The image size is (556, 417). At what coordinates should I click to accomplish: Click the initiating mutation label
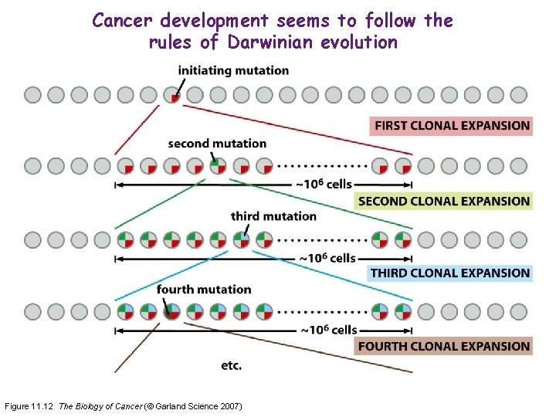(233, 71)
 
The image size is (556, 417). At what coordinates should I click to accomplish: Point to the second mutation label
(216, 144)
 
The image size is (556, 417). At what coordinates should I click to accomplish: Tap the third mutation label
(273, 216)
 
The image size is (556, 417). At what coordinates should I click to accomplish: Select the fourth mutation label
(204, 290)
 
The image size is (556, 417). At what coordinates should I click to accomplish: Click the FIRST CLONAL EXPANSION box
(452, 126)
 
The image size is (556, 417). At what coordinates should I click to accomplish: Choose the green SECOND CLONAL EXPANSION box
(444, 201)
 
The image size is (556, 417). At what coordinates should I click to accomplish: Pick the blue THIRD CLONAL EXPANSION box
(449, 273)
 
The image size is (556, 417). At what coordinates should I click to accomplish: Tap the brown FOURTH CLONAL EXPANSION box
(443, 346)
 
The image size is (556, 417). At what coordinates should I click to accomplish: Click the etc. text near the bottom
(231, 365)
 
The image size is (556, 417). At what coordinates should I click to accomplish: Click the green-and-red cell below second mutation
(218, 166)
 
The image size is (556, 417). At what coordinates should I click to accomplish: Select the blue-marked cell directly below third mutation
(241, 239)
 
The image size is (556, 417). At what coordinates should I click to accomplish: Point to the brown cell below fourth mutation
(171, 312)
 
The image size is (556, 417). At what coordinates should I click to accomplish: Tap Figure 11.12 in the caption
(29, 406)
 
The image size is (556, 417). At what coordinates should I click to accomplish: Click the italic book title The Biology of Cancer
(96, 406)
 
